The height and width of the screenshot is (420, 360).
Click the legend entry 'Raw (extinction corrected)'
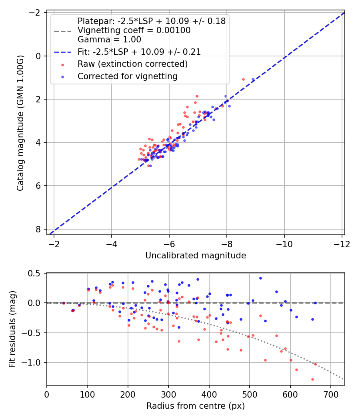tap(132, 64)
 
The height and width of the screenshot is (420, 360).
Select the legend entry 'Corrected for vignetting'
tap(127, 76)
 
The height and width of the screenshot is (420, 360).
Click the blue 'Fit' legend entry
tap(139, 52)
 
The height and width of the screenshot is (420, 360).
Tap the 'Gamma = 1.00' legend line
tap(109, 40)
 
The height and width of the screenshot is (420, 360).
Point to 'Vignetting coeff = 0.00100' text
tap(134, 30)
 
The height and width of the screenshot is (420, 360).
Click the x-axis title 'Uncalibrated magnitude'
tap(195, 255)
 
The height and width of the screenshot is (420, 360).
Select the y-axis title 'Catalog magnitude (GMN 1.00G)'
tap(21, 123)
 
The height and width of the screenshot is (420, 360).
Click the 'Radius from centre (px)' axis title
tap(195, 406)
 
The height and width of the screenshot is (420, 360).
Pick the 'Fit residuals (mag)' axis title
tap(13, 329)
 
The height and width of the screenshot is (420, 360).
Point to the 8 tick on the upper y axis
tap(38, 229)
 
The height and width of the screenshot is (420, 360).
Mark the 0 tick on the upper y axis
tap(38, 56)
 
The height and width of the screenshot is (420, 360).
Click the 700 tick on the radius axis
tap(330, 394)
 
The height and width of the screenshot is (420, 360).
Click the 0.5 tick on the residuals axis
tap(36, 273)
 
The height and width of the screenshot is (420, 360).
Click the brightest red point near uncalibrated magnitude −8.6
tap(243, 79)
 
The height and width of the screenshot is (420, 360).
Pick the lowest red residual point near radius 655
tap(312, 379)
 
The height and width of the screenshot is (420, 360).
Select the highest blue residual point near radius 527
tap(260, 278)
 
